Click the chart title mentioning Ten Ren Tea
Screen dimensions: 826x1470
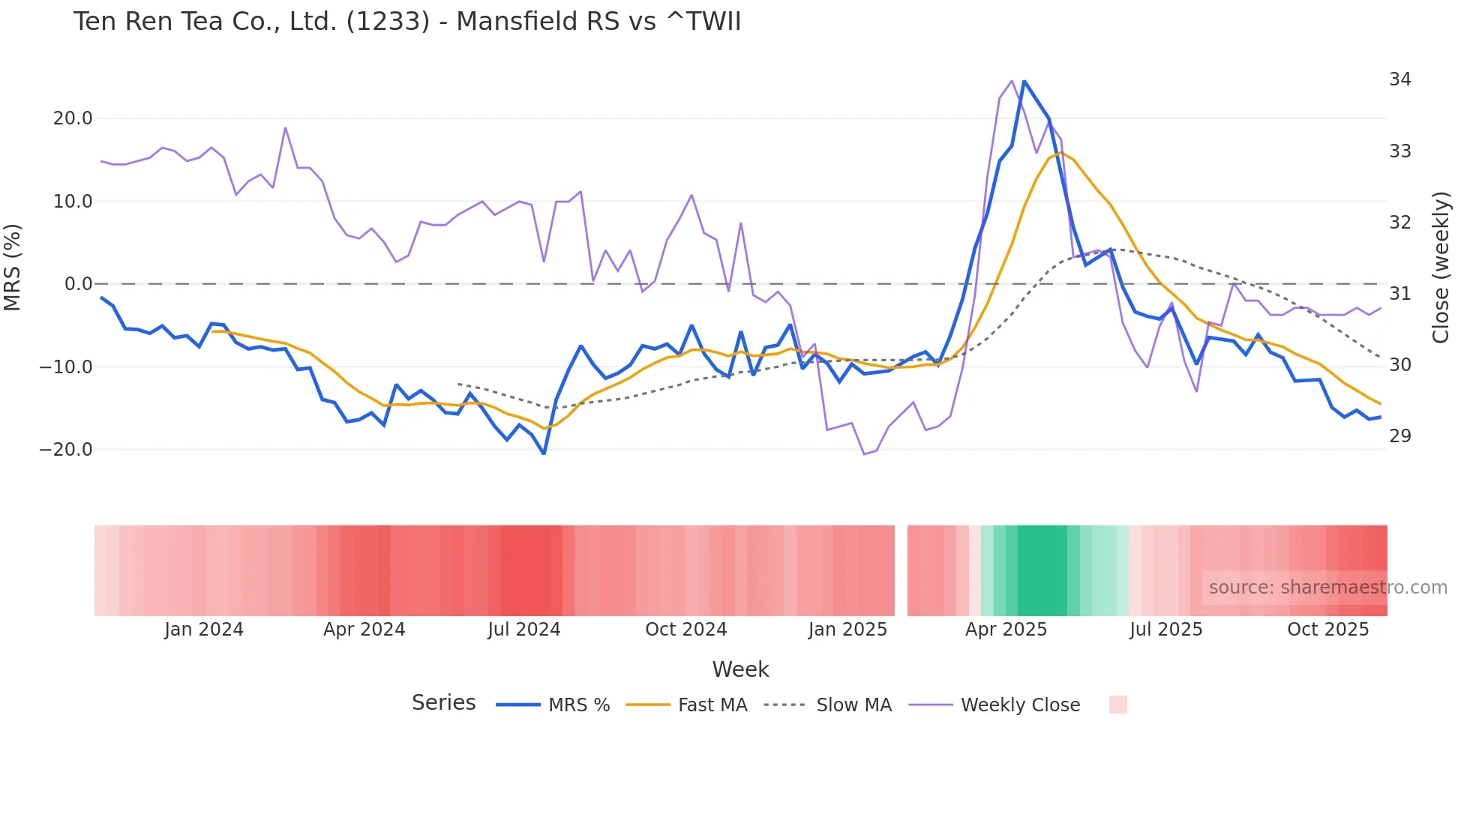(406, 22)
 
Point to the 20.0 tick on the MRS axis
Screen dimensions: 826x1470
(73, 118)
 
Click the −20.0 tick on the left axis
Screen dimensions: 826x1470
(67, 450)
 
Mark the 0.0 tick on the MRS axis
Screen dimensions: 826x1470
(78, 284)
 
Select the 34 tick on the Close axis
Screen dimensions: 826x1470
(1400, 79)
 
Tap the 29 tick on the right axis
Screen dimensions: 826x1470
(1400, 436)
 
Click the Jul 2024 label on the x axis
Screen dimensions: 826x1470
(523, 630)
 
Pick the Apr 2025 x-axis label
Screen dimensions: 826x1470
(1006, 630)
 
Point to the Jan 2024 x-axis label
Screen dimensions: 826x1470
(204, 630)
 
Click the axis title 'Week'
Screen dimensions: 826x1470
(740, 669)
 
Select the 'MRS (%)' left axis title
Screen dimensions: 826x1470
(13, 267)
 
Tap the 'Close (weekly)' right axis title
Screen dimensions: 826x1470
(1441, 268)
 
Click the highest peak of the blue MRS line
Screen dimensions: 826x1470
(1024, 81)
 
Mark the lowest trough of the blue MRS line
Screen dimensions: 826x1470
(544, 453)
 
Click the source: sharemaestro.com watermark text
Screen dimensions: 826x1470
(1327, 588)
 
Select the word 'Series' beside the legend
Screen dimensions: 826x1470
(443, 703)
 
